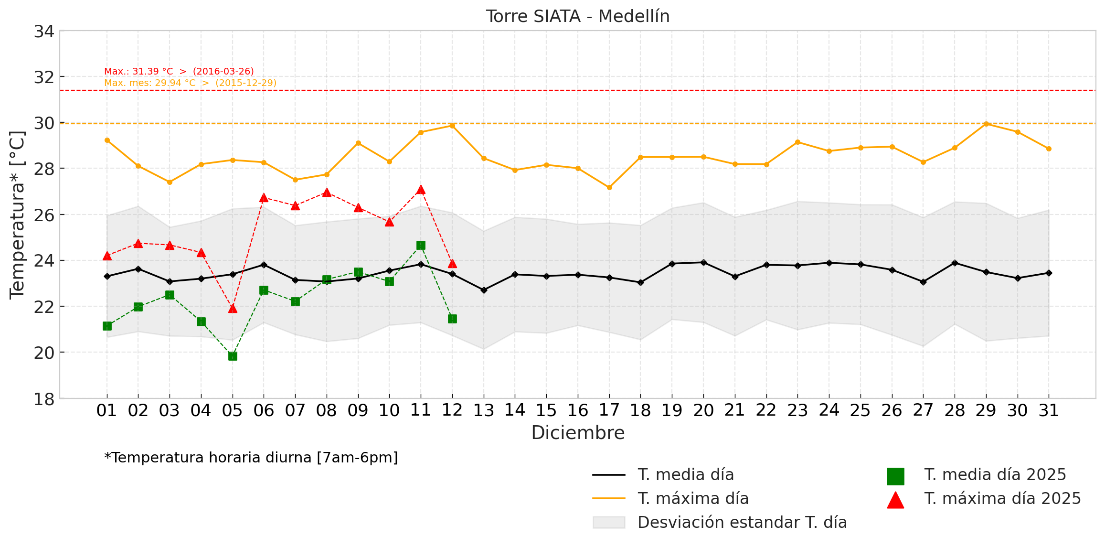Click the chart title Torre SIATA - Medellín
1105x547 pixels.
pos(578,16)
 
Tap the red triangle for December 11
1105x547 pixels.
pos(421,190)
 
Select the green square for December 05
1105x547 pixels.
pos(233,356)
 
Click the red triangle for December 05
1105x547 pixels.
pos(233,309)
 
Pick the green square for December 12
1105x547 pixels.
pos(452,319)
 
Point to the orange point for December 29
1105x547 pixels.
pos(986,124)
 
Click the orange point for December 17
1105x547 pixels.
pos(609,187)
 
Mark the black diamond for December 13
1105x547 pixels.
pos(484,290)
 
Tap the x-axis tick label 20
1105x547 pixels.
pos(703,410)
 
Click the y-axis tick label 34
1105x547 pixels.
pos(44,32)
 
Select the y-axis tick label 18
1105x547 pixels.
pos(44,399)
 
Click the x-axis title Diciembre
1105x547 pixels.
pos(578,433)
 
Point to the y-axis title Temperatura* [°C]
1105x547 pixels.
pos(17,215)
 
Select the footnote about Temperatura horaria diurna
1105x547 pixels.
pos(251,458)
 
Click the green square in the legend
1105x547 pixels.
pos(895,476)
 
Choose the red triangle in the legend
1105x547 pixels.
pos(895,500)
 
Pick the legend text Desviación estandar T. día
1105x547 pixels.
pos(742,522)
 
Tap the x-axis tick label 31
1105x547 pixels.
pos(1049,410)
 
